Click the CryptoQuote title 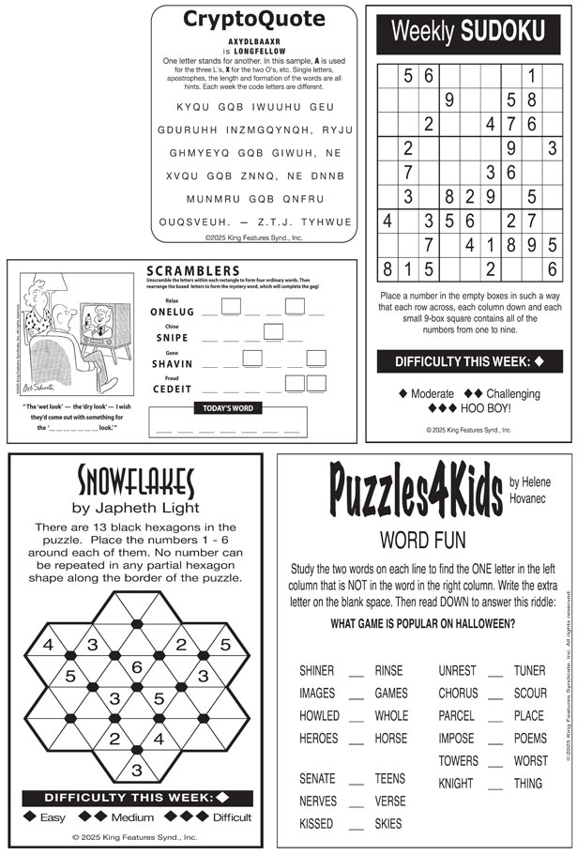click(254, 19)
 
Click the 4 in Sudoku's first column click(387, 221)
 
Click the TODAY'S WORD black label click(228, 408)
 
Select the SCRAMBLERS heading click(193, 271)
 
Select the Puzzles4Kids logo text click(416, 493)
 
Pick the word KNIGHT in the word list click(456, 783)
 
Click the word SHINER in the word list click(317, 670)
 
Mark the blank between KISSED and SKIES click(356, 824)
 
